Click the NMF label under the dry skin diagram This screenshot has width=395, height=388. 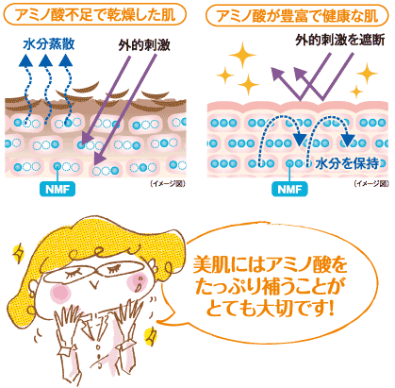58,189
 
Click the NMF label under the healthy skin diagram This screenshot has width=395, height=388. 289,189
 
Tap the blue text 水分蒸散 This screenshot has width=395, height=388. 49,44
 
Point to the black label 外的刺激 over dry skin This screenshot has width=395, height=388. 144,45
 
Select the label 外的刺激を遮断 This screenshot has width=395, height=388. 340,40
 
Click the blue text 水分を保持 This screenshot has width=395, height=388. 347,163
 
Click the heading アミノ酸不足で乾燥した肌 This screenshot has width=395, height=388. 95,15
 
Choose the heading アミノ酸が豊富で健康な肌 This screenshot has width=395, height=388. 297,15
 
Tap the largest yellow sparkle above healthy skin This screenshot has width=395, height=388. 242,55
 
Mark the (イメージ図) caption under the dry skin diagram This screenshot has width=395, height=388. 168,183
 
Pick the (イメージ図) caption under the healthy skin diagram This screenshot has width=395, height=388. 371,183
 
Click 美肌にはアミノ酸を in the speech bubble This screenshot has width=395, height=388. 270,264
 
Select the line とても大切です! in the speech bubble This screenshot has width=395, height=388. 270,309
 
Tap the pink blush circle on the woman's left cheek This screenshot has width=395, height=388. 60,293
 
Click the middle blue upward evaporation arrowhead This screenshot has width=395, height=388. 46,60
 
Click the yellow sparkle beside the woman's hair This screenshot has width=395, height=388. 18,253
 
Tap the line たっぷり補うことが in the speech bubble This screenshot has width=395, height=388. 270,287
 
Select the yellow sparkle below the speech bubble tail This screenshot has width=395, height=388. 151,336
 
